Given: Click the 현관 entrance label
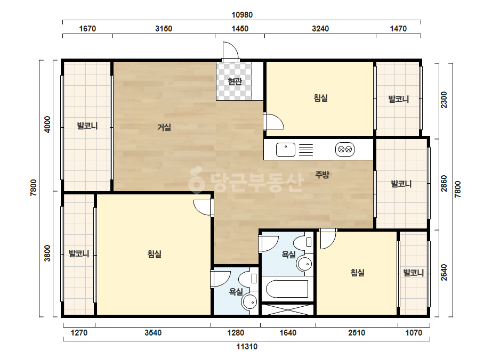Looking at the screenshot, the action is coord(235,81).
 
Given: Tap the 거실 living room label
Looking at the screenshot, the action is coord(164,127).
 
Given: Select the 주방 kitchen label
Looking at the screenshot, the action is coord(322,175).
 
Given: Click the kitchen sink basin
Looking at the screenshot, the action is coord(286,150).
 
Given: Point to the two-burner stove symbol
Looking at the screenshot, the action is coord(345,150).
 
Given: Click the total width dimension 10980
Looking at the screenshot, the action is coord(242,15).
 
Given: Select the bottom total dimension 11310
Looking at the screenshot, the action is coord(247,347).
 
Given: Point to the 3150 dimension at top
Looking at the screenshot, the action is coord(164,29).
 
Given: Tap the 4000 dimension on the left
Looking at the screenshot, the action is coord(47,125).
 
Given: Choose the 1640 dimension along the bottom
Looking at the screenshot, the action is coord(288,332).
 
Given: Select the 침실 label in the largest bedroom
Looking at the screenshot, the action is coord(155,253).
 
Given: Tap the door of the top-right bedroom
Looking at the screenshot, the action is coord(273,121).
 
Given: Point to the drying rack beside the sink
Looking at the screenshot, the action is coord(306,150).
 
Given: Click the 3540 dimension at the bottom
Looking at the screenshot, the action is coord(153,332).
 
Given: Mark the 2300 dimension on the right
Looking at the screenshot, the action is coord(443,100).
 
